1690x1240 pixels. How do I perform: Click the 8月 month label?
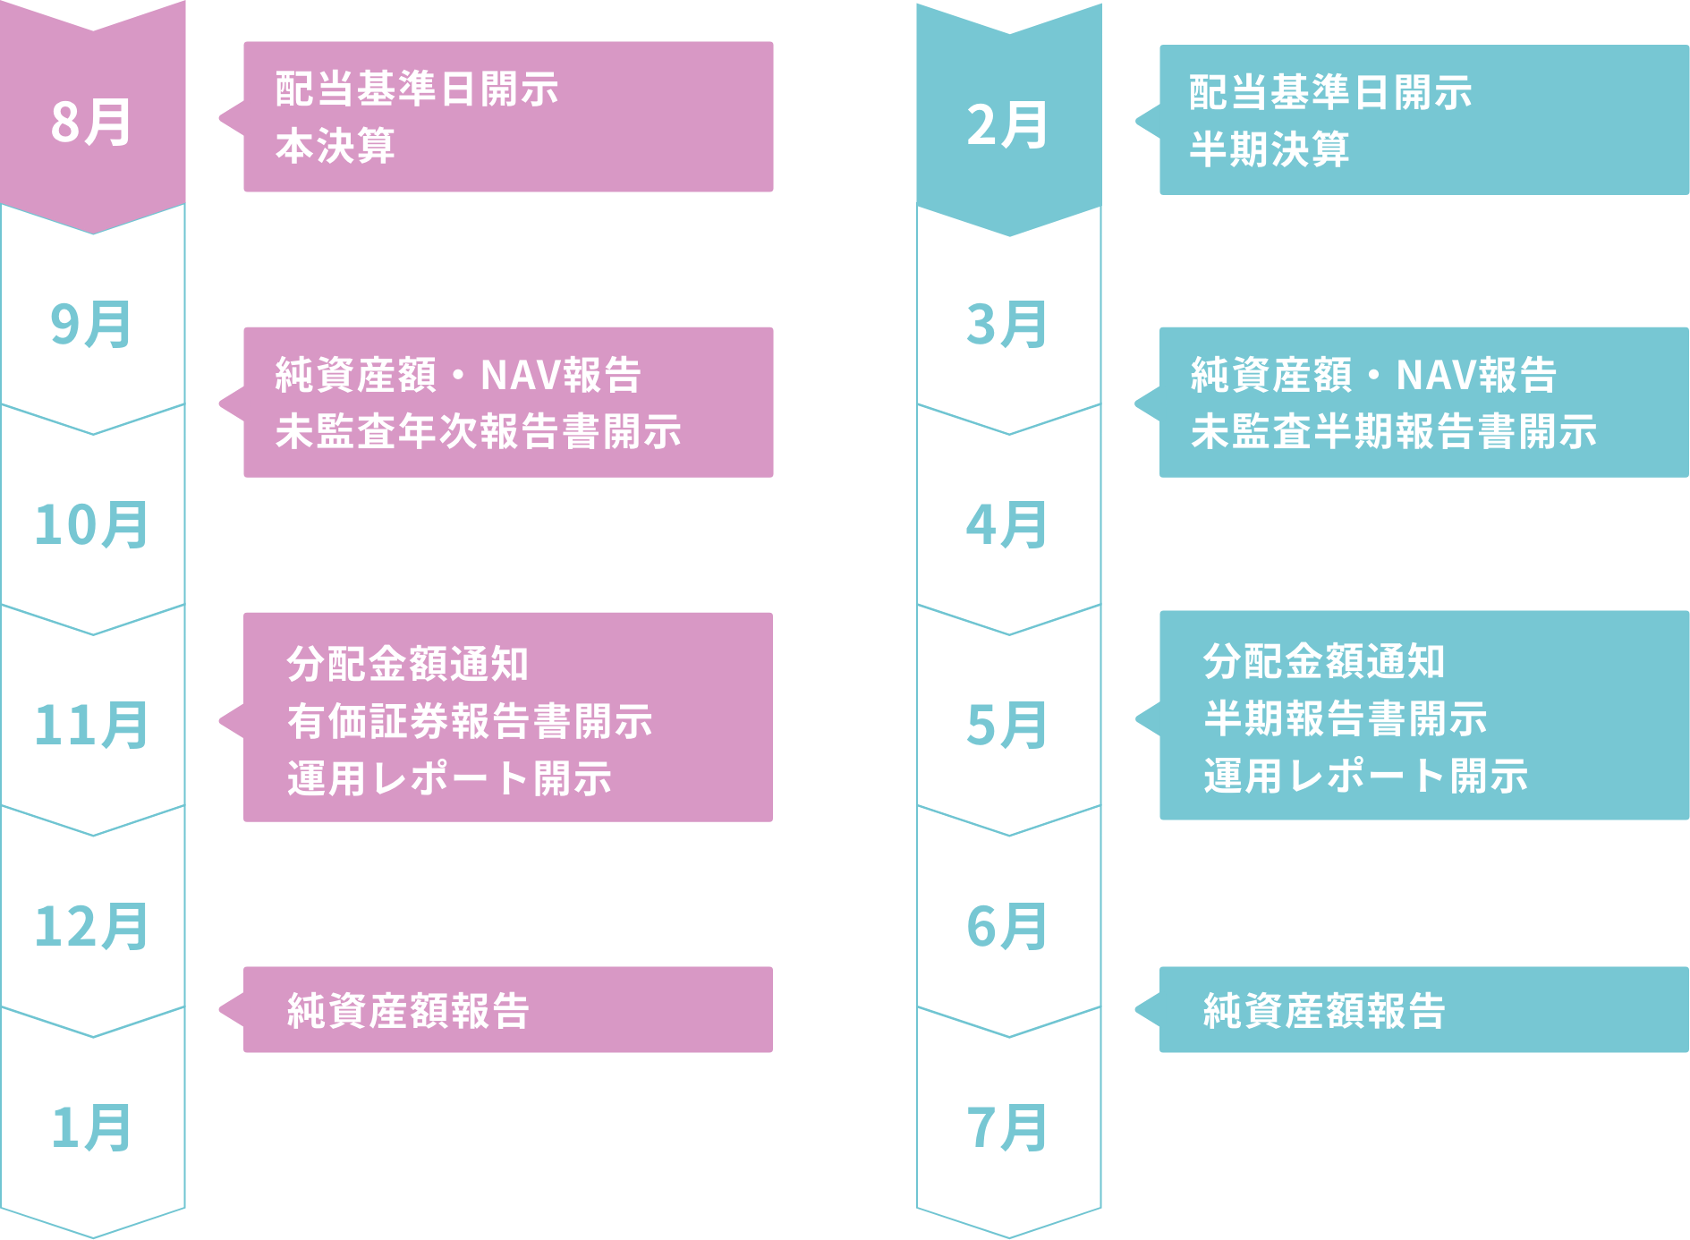coord(92,123)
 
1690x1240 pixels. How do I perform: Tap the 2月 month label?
coord(1007,125)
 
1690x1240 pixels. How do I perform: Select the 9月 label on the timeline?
coord(92,324)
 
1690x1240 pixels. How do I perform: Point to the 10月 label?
coord(92,524)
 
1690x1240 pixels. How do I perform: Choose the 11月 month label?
coord(92,725)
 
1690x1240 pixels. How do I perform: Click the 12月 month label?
coord(92,926)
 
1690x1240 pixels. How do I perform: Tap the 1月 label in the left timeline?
coord(92,1127)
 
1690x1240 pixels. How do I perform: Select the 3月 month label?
coord(1007,324)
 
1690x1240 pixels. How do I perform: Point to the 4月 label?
coord(1007,524)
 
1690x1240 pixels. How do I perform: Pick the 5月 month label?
coord(1007,725)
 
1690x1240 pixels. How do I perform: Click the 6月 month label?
coord(1007,926)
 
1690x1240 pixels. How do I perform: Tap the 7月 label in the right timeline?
coord(1007,1127)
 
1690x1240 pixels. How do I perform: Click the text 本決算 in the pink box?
coord(335,146)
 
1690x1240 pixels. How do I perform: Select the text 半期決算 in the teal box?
coord(1270,149)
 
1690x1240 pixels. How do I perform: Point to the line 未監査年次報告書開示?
coord(479,431)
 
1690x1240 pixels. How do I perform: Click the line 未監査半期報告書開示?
coord(1394,431)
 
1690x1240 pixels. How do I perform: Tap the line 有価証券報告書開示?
coord(470,721)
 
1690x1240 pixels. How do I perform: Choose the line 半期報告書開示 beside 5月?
coord(1346,718)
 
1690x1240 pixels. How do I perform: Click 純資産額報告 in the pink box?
coord(409,1011)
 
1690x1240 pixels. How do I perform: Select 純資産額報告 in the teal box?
coord(1324,1011)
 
